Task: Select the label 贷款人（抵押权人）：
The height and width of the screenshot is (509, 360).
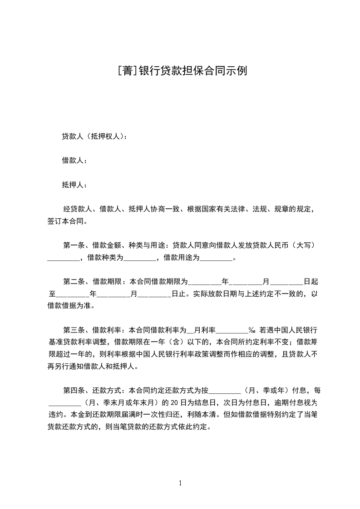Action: (94, 136)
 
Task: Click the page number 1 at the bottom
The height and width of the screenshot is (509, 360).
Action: (180, 484)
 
